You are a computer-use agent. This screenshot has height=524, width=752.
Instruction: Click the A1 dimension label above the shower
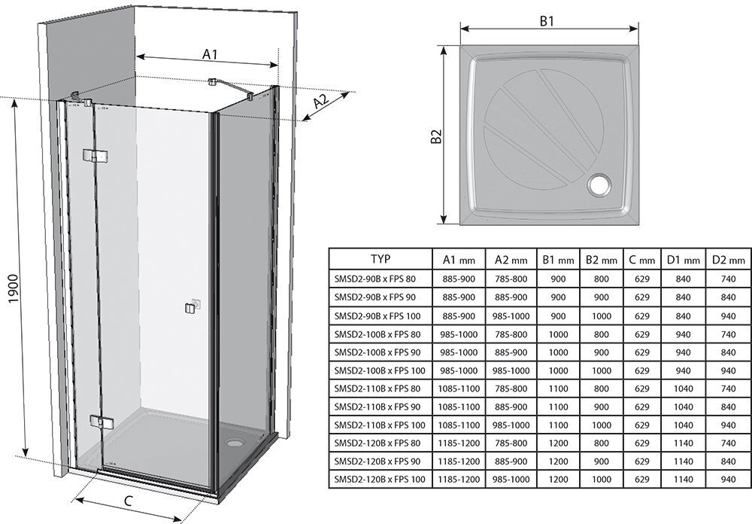point(209,54)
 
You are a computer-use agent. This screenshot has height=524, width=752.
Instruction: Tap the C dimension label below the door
point(129,501)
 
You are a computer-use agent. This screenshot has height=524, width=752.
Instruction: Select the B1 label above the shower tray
point(547,22)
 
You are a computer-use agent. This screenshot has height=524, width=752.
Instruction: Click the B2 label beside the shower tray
point(436,136)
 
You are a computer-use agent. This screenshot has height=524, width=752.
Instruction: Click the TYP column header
point(381,259)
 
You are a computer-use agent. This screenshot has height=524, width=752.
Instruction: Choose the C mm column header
point(641,260)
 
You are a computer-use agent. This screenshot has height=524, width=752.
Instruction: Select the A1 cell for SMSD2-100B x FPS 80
point(458,334)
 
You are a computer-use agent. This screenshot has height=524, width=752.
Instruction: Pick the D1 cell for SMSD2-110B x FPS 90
point(684,406)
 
